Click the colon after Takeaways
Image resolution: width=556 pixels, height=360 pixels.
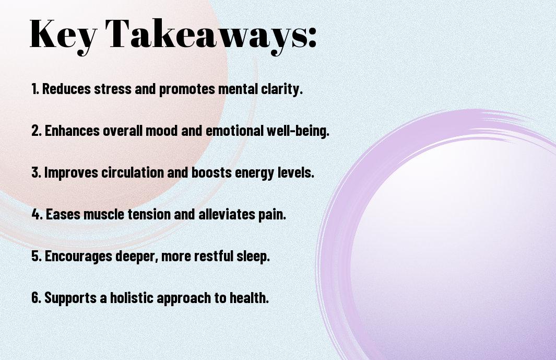pos(312,38)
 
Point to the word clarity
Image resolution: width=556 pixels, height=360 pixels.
pos(282,89)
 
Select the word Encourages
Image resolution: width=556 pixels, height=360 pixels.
pos(78,257)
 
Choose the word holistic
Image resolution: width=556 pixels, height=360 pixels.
pos(132,297)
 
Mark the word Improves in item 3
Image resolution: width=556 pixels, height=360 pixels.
pos(71,173)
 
